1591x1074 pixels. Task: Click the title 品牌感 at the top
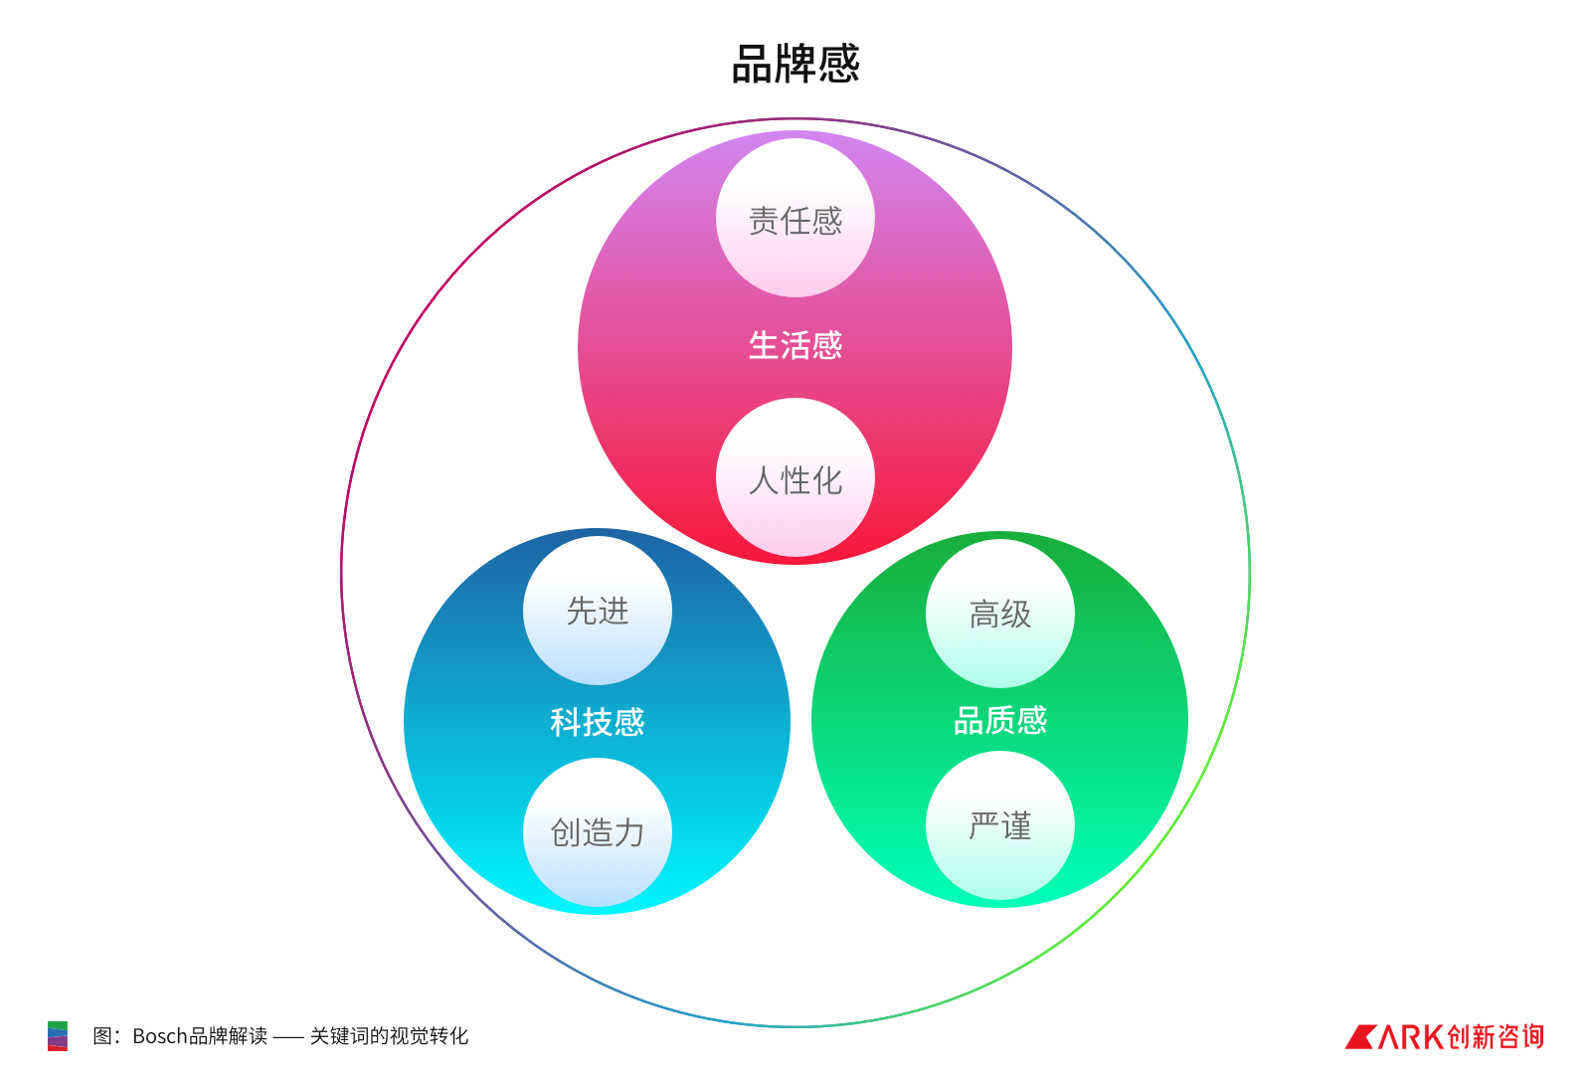point(795,64)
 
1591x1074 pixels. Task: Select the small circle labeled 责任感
point(795,218)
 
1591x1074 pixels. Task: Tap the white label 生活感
point(795,345)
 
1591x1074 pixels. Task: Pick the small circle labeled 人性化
point(795,478)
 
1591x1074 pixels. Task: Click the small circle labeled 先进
point(598,611)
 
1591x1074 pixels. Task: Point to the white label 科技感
point(598,721)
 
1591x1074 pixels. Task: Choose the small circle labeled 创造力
point(598,832)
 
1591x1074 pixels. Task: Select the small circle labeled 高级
point(1000,614)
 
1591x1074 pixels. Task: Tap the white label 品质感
point(1000,719)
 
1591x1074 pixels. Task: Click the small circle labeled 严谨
point(1000,825)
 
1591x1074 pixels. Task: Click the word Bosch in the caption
point(160,1036)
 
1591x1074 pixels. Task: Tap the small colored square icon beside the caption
point(58,1036)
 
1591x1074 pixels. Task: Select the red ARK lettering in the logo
point(1411,1037)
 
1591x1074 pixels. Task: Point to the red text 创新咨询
point(1497,1037)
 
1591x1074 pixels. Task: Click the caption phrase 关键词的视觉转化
point(389,1036)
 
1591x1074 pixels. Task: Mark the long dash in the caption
point(288,1037)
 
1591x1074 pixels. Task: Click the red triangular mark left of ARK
point(1359,1037)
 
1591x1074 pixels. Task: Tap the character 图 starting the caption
point(102,1036)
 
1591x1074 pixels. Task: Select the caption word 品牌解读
point(228,1036)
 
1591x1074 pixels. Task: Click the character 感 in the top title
point(839,64)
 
